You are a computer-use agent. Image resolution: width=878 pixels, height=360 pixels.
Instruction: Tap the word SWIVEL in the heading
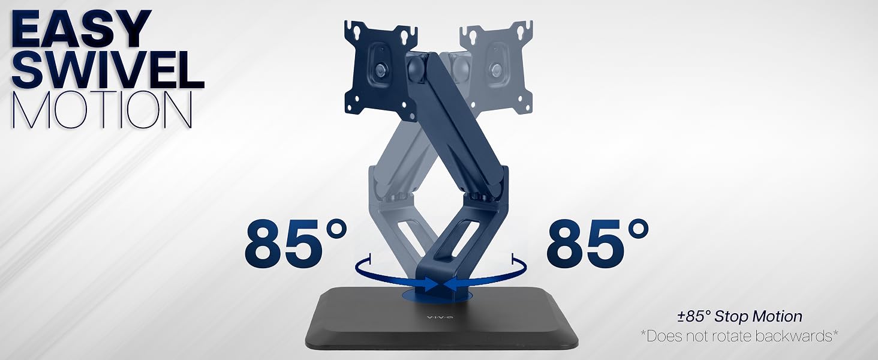tap(108, 68)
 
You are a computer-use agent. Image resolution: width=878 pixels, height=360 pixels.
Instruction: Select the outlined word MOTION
tap(103, 110)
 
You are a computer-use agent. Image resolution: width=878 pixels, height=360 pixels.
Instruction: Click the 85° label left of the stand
tap(296, 244)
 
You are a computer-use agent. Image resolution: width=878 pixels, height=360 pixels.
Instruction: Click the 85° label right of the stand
tap(597, 244)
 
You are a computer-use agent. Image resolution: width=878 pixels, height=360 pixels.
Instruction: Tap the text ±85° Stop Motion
tap(739, 316)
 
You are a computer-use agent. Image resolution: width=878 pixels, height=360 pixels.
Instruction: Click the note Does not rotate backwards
tap(739, 336)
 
